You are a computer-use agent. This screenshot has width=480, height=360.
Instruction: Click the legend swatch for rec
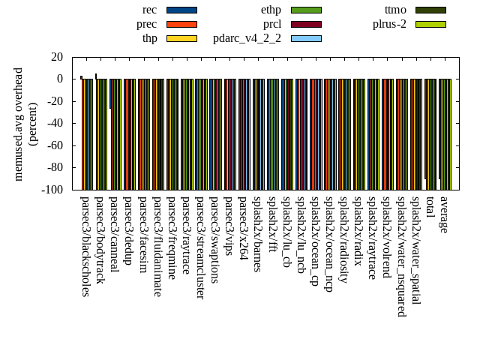(181, 10)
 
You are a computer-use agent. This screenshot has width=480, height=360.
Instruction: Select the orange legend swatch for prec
(181, 24)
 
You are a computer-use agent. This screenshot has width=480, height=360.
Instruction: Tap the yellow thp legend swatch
(181, 38)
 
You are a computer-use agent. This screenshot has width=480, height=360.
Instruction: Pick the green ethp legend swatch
(306, 10)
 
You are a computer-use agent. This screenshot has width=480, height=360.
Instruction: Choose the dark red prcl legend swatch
(306, 24)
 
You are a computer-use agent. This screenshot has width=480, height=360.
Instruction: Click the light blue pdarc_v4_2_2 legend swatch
(306, 38)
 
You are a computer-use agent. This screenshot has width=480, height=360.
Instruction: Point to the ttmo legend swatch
(430, 10)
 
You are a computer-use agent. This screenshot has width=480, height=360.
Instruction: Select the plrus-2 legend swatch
(430, 24)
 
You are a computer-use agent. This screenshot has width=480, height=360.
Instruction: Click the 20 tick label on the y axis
(57, 57)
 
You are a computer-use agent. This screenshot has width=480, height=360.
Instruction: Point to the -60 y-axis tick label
(53, 145)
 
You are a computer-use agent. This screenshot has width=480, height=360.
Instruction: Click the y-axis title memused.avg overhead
(19, 124)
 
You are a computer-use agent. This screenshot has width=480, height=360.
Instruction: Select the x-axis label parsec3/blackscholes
(85, 246)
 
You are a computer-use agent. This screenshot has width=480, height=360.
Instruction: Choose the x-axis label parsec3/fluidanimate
(157, 246)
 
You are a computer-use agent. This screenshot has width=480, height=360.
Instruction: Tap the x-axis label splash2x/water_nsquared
(401, 256)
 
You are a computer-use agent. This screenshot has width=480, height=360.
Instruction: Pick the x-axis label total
(430, 207)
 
